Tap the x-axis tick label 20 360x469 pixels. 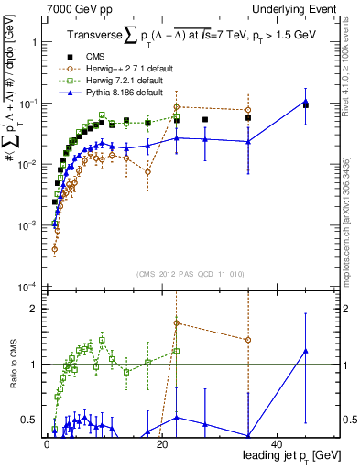161,444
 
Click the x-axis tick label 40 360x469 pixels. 277,444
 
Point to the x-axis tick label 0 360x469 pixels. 47,444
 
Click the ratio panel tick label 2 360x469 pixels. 34,309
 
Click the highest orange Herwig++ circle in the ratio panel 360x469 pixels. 176,323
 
